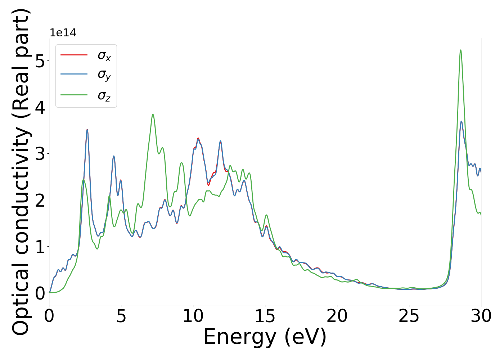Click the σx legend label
click(104, 56)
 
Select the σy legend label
click(104, 75)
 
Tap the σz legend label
click(104, 96)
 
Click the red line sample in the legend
click(74, 55)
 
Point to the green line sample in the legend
click(74, 95)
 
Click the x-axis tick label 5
click(121, 316)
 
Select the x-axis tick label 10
click(193, 316)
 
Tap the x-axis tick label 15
click(265, 316)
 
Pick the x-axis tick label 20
click(337, 316)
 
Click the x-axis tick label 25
click(409, 316)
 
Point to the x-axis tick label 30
click(481, 316)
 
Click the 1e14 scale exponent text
click(63, 33)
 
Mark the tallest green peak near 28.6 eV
click(460, 50)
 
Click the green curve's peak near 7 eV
click(153, 114)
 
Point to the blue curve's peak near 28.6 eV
click(461, 121)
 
